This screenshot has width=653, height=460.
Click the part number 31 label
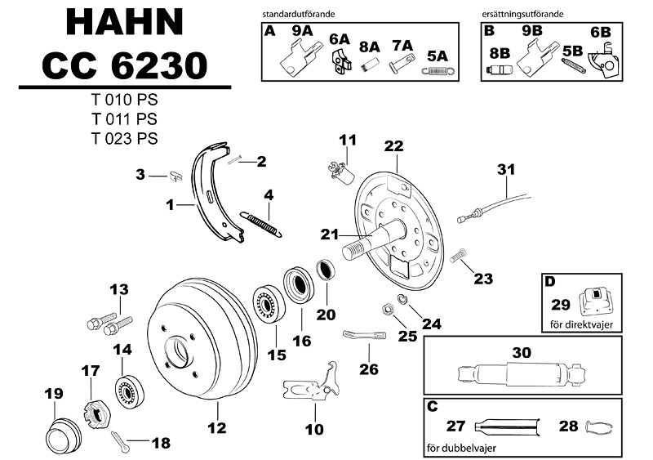click(x=507, y=170)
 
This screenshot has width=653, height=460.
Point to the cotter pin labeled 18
click(x=119, y=442)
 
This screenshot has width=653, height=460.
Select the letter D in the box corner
click(x=549, y=282)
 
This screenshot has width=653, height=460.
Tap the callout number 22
click(x=393, y=146)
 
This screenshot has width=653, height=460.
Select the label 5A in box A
click(x=438, y=56)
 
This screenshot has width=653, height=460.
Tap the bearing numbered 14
click(x=128, y=387)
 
